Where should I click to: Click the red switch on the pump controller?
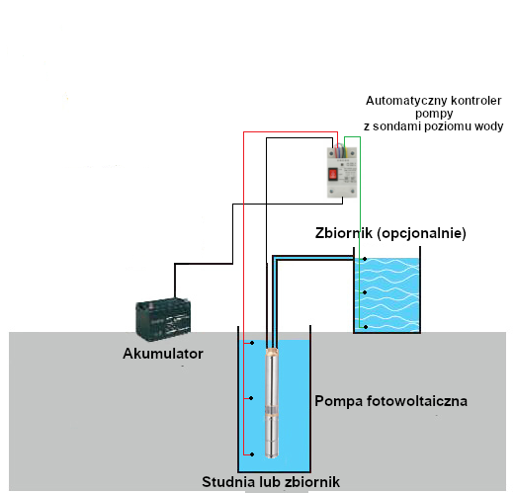(x=333, y=174)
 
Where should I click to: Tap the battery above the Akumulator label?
(x=163, y=319)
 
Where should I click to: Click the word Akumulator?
(x=163, y=354)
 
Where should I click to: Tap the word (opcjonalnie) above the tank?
(x=421, y=233)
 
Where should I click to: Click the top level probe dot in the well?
(x=252, y=343)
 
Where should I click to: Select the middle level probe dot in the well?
(x=251, y=398)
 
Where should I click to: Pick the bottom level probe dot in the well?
(x=252, y=454)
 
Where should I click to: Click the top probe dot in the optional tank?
(x=365, y=259)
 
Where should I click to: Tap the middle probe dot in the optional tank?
(x=365, y=292)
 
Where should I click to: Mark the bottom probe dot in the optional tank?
(x=366, y=327)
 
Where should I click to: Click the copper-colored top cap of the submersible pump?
(x=272, y=352)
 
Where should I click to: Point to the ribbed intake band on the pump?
(x=272, y=410)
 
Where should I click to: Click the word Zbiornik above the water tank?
(x=344, y=233)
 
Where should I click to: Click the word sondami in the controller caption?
(x=396, y=126)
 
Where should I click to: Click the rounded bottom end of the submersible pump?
(x=272, y=454)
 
